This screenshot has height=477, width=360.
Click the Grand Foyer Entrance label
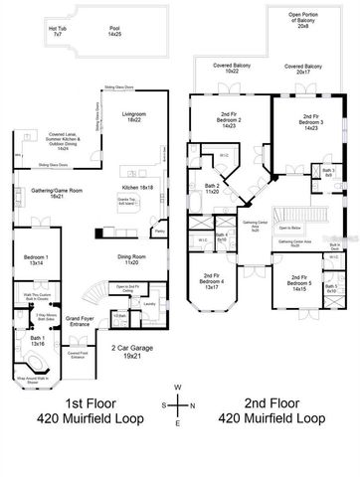(x=81, y=320)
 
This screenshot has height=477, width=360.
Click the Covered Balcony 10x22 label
(x=232, y=69)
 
